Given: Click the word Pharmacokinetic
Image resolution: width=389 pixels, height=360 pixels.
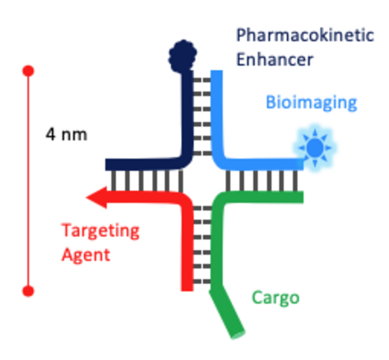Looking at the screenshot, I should pyautogui.click(x=304, y=35).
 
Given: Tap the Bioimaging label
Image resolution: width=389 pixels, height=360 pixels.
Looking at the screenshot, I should pyautogui.click(x=311, y=102).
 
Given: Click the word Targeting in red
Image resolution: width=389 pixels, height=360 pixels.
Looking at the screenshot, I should pyautogui.click(x=100, y=230).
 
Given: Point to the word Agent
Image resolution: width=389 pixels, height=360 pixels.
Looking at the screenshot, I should pyautogui.click(x=86, y=254).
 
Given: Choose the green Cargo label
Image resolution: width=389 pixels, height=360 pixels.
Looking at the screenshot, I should pyautogui.click(x=275, y=297).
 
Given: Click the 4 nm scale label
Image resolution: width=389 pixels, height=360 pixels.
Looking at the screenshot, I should pyautogui.click(x=66, y=134).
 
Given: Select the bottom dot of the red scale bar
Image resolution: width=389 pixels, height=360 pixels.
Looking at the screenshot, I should pyautogui.click(x=28, y=291).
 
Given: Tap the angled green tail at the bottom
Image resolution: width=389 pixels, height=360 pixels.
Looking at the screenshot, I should pyautogui.click(x=228, y=314).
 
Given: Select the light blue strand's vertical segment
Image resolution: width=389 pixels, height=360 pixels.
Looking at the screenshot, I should pyautogui.click(x=217, y=114).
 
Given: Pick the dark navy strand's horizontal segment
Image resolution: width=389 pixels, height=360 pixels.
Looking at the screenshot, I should pyautogui.click(x=142, y=164).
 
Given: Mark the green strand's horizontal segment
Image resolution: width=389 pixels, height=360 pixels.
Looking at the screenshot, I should pyautogui.click(x=264, y=197).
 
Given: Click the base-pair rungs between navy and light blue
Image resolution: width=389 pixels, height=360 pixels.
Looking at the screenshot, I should pyautogui.click(x=202, y=114).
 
